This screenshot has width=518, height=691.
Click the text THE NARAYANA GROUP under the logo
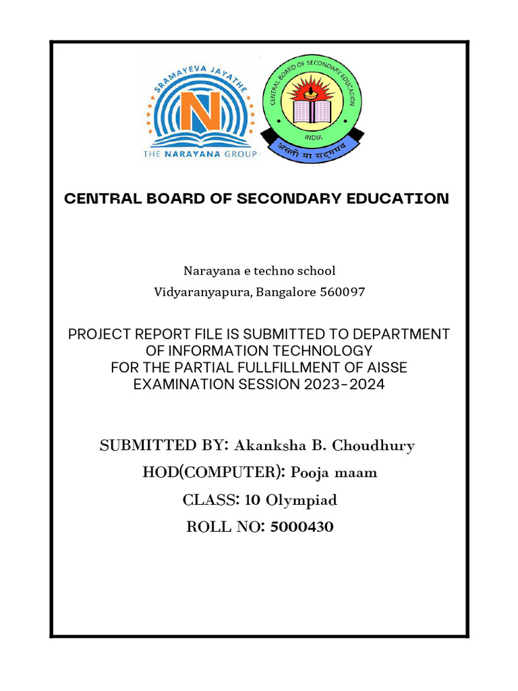(x=200, y=155)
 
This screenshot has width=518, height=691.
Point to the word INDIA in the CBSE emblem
(x=311, y=136)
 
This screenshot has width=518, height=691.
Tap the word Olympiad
(x=301, y=500)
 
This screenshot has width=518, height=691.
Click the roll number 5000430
(x=301, y=527)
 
